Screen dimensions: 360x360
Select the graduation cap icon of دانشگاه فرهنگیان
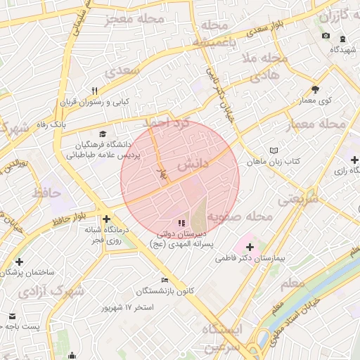coord(103,134)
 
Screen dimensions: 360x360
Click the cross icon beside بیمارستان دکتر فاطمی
coord(250,247)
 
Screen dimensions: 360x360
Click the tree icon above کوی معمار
coord(314,89)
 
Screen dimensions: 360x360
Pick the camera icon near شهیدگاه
coord(326,36)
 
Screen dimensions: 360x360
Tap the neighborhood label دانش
coord(193,166)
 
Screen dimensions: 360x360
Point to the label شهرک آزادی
coord(58,289)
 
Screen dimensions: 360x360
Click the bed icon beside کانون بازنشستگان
coord(165,280)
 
